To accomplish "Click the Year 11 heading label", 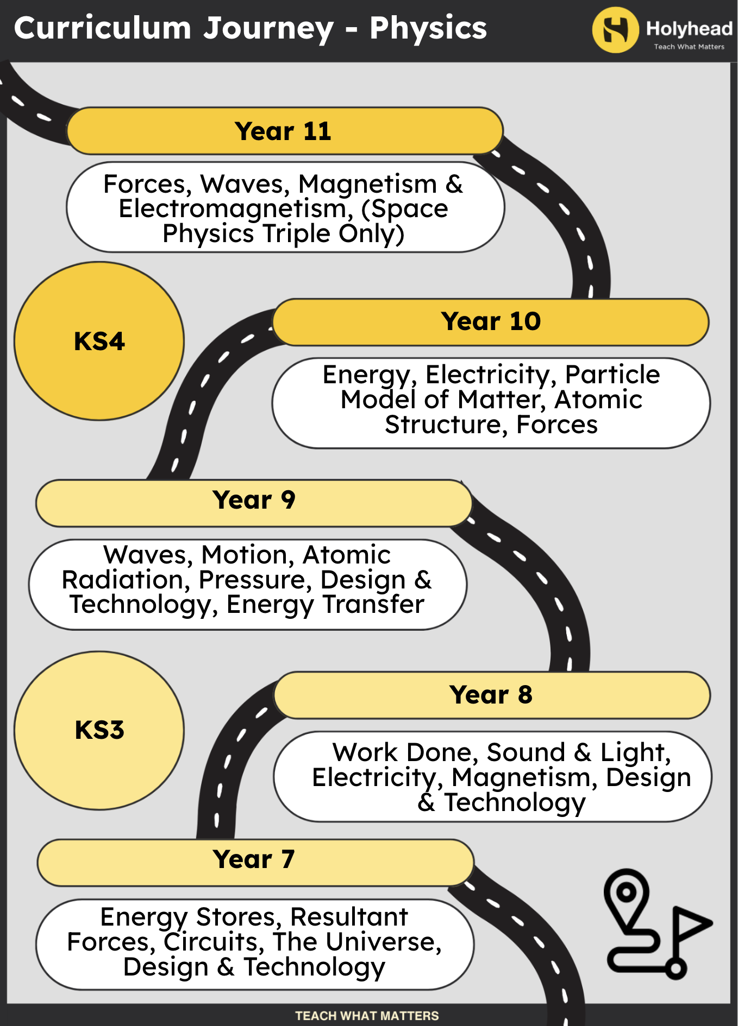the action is coord(283,131).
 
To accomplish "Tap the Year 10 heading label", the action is coord(491,321).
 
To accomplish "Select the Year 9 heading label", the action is coord(254,500).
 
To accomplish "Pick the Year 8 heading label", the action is coord(491,695).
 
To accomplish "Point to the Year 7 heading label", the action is coord(254,859).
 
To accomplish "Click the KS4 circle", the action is coord(99,341).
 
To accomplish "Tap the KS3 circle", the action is coord(99,730).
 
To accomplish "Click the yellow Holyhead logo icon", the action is coord(616,30).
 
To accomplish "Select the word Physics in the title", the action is coord(428,28).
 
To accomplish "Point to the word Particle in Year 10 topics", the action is coord(612,375).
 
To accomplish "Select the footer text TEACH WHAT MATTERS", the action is coord(367,1016).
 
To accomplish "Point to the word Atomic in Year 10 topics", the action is coord(598,400).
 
